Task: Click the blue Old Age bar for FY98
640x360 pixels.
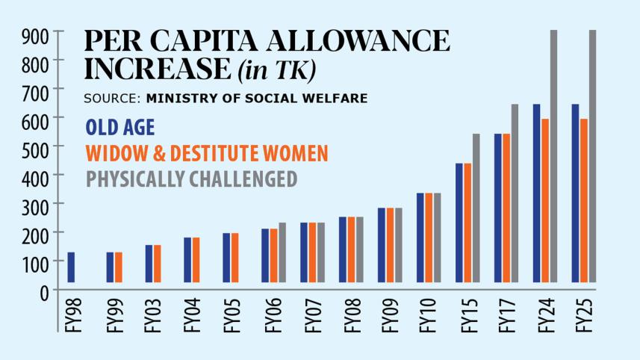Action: click(71, 267)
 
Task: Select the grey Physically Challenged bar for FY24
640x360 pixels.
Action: click(554, 157)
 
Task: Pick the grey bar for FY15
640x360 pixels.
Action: click(476, 208)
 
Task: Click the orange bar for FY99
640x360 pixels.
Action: click(119, 267)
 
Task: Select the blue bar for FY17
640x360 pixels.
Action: click(498, 208)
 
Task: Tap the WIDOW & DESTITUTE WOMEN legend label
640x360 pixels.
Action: click(207, 153)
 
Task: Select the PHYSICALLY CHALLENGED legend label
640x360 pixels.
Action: click(192, 179)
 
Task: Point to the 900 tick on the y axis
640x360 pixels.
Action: click(35, 34)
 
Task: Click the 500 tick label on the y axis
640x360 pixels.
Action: click(35, 147)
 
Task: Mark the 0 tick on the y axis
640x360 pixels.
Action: click(43, 291)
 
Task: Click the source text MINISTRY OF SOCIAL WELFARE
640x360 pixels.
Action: click(256, 98)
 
